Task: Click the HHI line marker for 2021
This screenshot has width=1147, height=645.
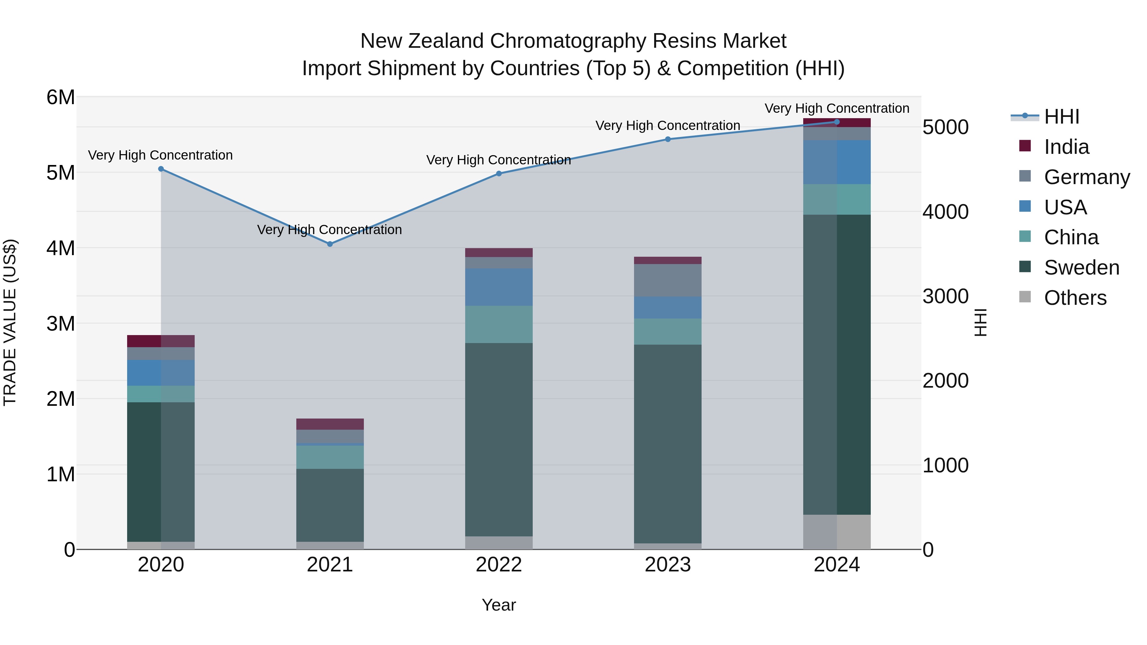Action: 330,244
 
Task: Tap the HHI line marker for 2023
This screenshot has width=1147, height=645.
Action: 667,139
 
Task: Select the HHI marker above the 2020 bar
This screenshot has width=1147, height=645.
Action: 161,169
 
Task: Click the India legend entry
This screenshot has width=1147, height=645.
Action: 1066,147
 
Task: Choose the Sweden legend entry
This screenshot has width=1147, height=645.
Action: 1081,268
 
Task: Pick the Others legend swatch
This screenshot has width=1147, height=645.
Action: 1025,297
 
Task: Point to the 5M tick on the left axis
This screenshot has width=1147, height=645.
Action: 61,173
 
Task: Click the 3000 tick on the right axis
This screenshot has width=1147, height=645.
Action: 945,297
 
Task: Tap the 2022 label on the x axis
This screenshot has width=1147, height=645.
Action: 499,565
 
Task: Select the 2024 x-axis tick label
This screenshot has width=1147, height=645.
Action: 836,565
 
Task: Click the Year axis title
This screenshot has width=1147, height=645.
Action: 499,605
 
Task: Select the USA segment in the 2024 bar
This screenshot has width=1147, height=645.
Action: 837,162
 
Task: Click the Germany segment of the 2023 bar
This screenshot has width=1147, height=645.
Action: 667,280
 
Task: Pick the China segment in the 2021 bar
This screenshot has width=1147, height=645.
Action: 330,457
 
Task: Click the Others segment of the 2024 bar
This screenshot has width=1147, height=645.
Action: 837,532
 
